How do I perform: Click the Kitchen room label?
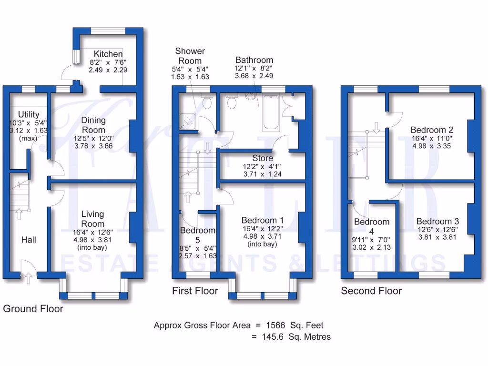[108, 54]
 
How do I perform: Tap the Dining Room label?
[93, 125]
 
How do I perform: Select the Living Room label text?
[92, 219]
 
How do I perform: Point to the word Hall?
[29, 240]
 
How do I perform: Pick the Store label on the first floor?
[263, 158]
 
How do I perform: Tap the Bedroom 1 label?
[263, 220]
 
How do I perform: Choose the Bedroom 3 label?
[437, 222]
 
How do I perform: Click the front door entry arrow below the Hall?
[28, 278]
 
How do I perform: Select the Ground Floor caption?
[33, 309]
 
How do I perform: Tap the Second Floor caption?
[371, 291]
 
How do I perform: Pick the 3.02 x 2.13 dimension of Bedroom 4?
[371, 248]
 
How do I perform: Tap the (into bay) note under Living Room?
[92, 248]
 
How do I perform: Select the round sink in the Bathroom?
[251, 97]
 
